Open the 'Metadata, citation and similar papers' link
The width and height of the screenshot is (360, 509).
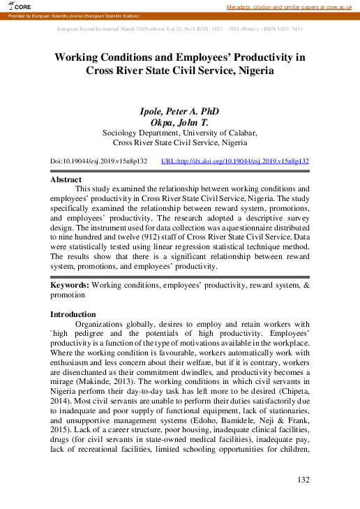click(292, 6)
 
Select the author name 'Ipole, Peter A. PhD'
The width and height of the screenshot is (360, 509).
click(180, 111)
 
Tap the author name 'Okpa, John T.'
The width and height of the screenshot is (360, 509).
click(180, 122)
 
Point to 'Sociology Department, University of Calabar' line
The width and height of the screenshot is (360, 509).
click(180, 133)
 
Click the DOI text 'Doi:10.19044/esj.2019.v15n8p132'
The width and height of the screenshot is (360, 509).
click(98, 161)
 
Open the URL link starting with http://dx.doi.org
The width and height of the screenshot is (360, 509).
click(234, 161)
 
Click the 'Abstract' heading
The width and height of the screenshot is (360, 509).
click(66, 179)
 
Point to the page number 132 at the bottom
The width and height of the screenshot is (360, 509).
click(302, 480)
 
